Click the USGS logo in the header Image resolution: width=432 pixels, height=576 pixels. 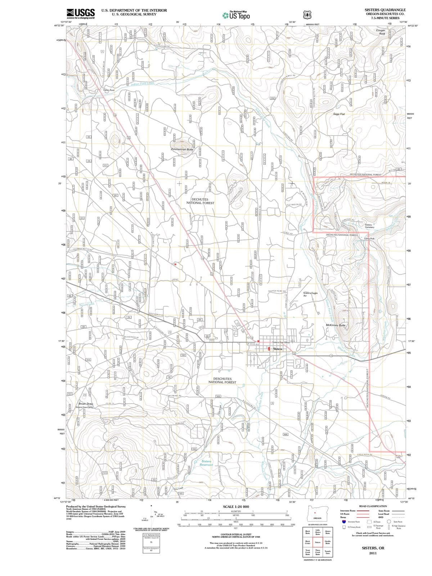point(81,13)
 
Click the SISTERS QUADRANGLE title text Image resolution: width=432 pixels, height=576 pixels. point(385,10)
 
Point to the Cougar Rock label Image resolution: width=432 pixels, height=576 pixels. point(381,32)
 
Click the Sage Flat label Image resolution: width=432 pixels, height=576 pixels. point(339,114)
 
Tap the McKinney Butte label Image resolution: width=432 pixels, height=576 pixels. point(336,325)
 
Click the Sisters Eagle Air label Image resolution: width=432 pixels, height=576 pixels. point(310,294)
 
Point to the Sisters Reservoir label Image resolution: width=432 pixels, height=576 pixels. point(206,463)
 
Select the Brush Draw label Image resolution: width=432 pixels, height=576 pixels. point(86,404)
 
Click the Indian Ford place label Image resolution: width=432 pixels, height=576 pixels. point(109,90)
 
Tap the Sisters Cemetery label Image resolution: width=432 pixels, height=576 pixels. point(369,226)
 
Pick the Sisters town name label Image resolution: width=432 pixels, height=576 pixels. point(278,349)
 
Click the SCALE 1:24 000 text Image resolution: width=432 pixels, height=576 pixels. point(236,507)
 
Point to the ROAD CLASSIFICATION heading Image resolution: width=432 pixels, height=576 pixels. point(373,506)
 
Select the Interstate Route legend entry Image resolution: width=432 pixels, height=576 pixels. point(349,511)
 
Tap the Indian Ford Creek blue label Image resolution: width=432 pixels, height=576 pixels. point(143,84)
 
